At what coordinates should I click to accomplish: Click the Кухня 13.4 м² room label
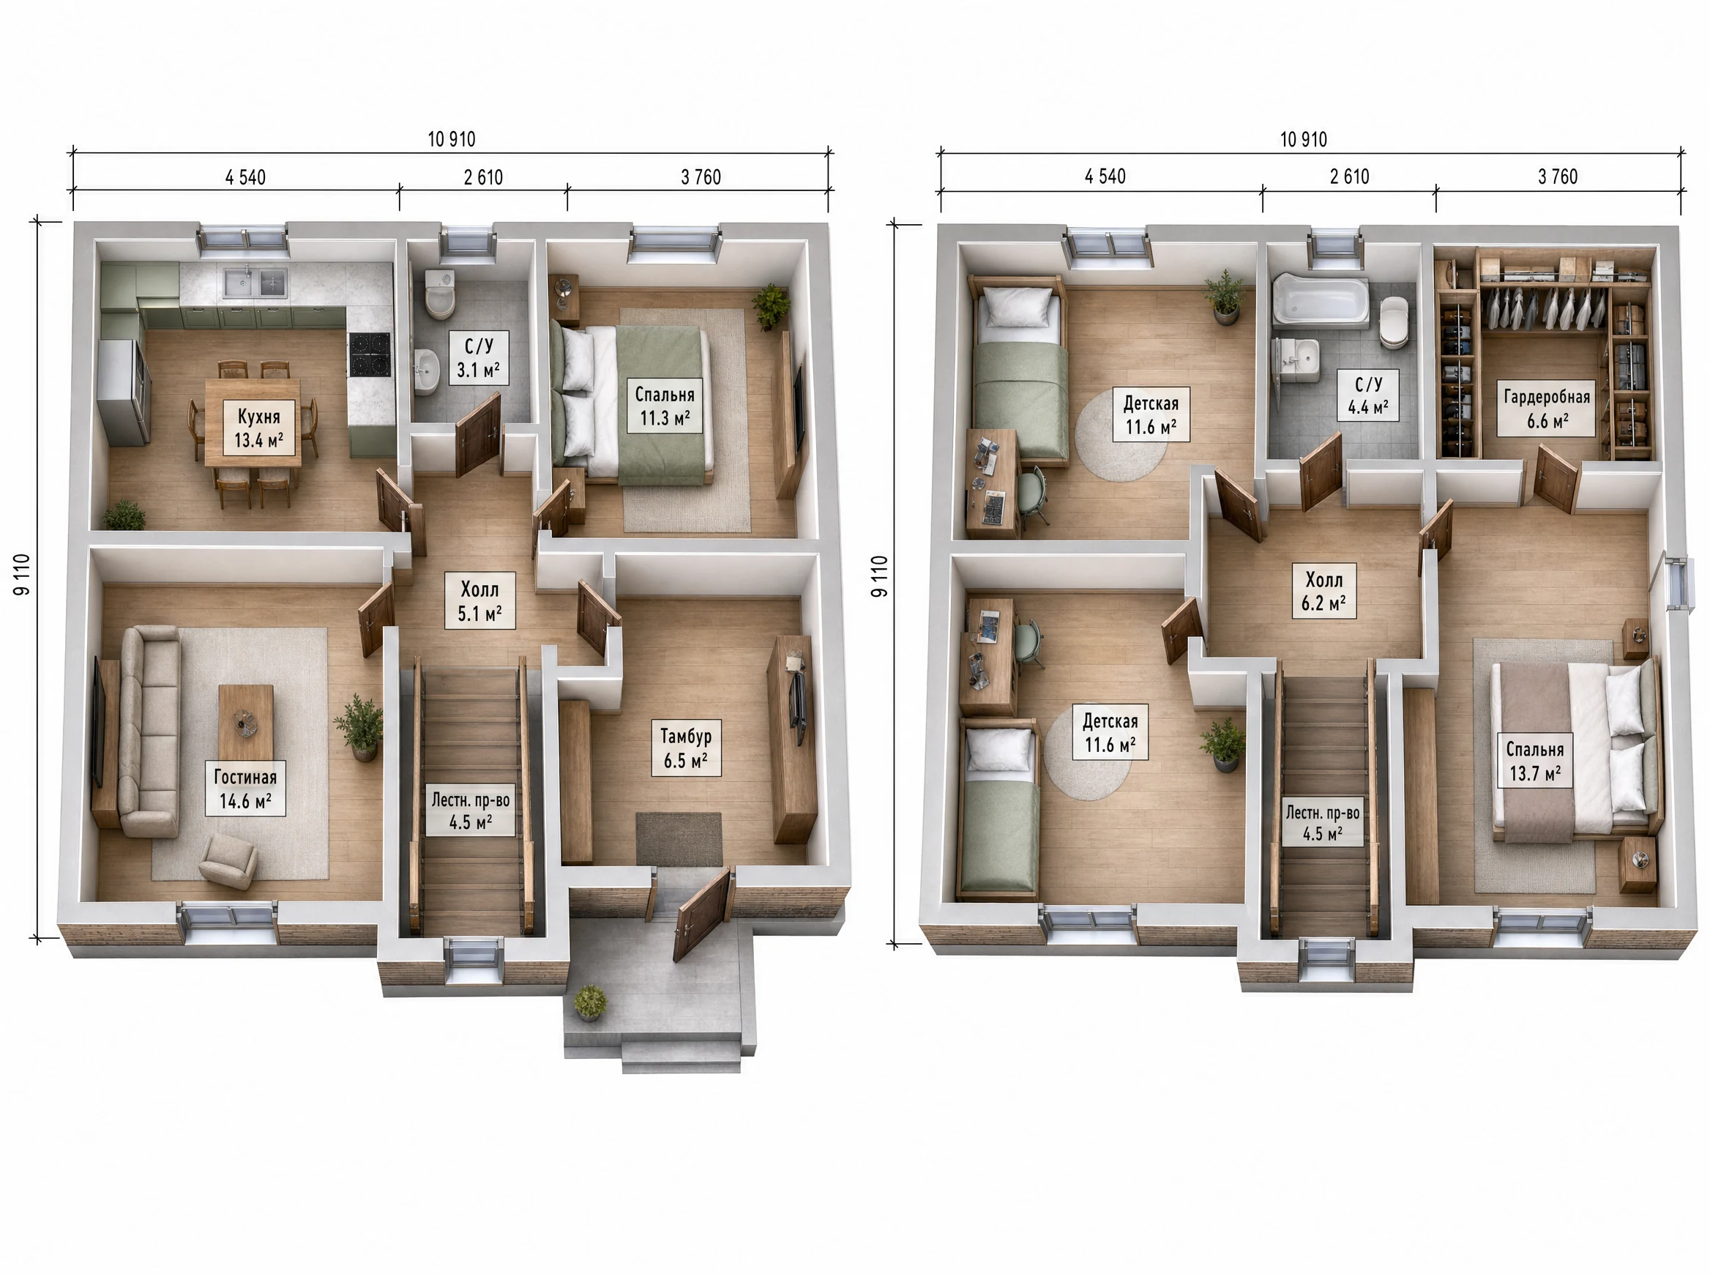(x=259, y=428)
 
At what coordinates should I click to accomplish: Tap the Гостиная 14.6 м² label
(x=245, y=789)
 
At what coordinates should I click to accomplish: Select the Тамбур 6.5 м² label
(x=685, y=748)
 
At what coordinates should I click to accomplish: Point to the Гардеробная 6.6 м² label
(x=1546, y=408)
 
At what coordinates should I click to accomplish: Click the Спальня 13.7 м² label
(x=1534, y=761)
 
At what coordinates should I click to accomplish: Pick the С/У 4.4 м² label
(x=1367, y=395)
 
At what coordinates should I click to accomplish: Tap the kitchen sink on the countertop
(x=255, y=282)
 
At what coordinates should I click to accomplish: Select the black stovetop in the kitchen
(x=370, y=354)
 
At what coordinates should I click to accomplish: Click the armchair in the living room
(x=228, y=860)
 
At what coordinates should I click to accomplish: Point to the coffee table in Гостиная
(x=246, y=723)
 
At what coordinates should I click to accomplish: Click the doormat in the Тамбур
(x=679, y=838)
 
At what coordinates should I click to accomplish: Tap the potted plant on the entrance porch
(x=590, y=1002)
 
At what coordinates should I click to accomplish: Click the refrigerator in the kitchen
(x=124, y=392)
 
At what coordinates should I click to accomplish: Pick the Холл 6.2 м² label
(x=1323, y=592)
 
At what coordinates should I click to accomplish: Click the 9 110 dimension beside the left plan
(x=23, y=574)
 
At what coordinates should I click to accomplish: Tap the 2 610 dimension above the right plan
(x=1349, y=177)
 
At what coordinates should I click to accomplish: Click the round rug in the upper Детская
(x=1121, y=435)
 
